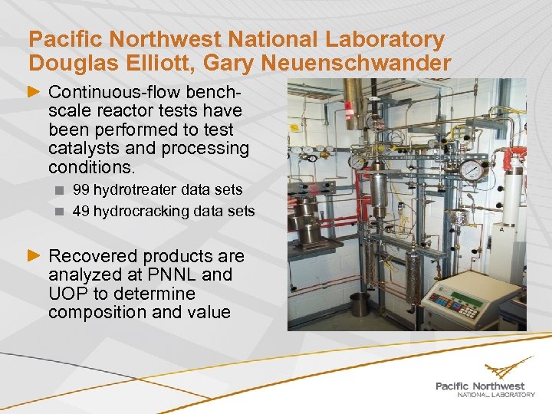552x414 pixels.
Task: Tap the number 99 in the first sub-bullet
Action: click(80, 189)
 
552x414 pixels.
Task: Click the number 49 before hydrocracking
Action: click(80, 211)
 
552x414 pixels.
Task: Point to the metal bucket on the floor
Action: click(359, 305)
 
